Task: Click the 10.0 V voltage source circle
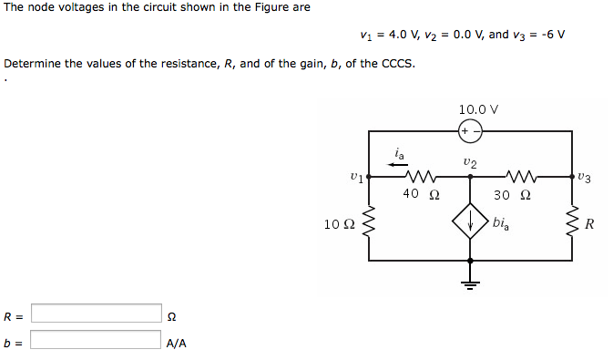pos(469,131)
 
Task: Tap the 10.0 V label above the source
pos(478,109)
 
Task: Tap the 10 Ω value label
pos(340,223)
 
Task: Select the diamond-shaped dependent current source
pos(470,223)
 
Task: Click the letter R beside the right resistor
pos(589,224)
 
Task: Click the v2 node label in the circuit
pos(468,162)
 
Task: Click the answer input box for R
pos(96,314)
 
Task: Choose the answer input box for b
pos(96,340)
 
